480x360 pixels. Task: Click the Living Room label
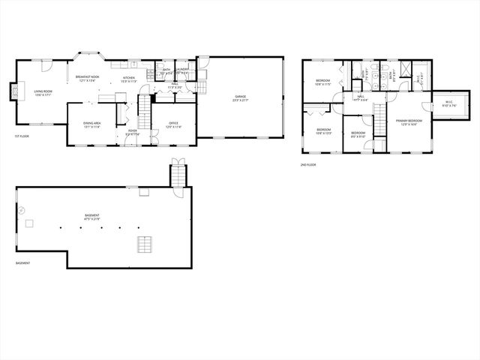point(41,93)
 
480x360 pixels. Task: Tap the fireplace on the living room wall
point(12,92)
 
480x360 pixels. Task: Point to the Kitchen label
point(128,79)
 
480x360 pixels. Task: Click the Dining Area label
point(92,125)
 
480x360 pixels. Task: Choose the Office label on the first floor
point(173,125)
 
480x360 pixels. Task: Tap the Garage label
point(240,97)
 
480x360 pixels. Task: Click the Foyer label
point(132,132)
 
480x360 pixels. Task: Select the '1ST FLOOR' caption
point(22,136)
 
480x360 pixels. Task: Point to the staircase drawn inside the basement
point(143,245)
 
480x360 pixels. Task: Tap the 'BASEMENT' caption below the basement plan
point(23,263)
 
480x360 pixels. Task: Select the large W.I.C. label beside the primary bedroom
point(449,105)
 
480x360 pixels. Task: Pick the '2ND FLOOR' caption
point(307,164)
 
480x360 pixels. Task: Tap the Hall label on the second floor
point(360,98)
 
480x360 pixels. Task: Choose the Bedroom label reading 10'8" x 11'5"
point(323,81)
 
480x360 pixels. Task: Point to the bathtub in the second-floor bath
point(355,67)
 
